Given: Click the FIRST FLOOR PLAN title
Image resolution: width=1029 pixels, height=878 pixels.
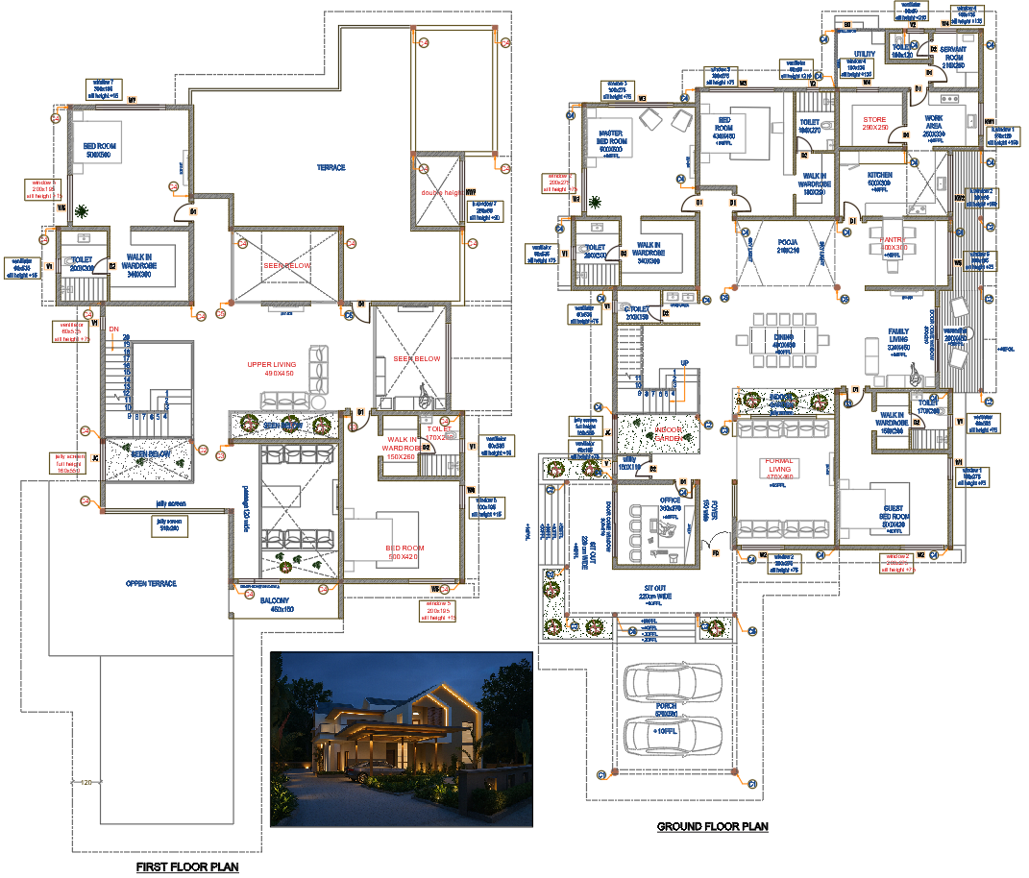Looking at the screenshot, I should [x=187, y=866].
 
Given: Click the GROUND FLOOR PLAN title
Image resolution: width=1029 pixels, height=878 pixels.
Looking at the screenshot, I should [x=712, y=826].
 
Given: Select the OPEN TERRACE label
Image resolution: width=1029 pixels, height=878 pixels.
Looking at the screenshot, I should [x=151, y=584].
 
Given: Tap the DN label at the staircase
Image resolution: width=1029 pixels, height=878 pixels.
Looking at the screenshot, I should [x=112, y=329].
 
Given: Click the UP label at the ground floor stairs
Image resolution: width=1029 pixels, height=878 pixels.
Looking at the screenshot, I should [x=684, y=363].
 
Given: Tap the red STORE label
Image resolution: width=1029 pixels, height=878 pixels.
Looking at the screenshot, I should [x=874, y=120].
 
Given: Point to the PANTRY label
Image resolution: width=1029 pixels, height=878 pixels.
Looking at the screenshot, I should [x=894, y=241].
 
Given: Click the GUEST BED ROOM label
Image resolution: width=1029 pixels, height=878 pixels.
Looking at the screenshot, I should [x=893, y=520].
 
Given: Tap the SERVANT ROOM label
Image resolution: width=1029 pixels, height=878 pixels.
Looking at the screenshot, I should [x=952, y=54].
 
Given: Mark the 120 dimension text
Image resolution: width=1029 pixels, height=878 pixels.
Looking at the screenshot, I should [x=86, y=782].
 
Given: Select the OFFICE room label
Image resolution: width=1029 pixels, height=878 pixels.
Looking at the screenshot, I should [x=670, y=500].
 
